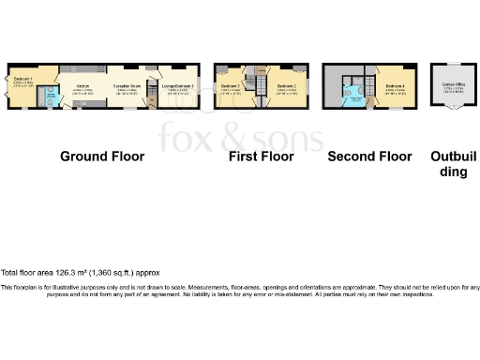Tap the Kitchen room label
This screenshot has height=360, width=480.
point(82,85)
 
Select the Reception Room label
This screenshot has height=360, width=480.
point(127,85)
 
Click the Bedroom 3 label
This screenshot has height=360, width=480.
point(231,85)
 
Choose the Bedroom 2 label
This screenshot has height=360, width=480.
point(287,85)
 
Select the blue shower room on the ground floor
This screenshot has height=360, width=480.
point(52,94)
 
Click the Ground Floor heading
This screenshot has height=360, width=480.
point(102,157)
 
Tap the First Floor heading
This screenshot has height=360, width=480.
point(262,157)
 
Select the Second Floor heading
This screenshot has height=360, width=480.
point(370,157)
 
